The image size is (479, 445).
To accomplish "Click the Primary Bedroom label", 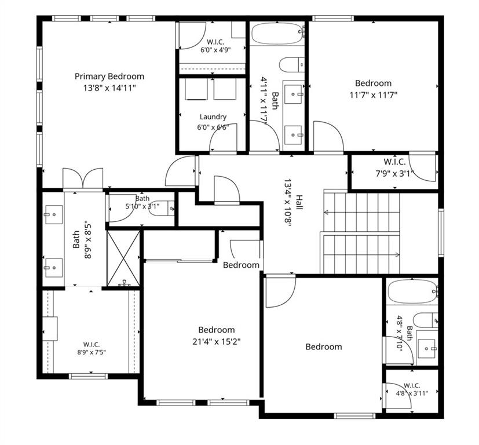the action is [109, 76].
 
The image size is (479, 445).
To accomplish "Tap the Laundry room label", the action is [213, 116].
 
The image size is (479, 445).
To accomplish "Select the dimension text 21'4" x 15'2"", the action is [217, 341].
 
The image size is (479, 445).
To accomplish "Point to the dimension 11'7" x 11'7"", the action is [374, 95].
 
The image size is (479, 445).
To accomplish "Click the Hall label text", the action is [299, 202].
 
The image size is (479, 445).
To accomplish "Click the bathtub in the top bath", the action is [277, 34].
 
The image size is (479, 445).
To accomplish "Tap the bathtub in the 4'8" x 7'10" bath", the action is [412, 292].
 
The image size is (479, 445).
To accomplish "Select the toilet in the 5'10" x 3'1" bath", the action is [163, 209].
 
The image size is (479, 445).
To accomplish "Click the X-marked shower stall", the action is [124, 258].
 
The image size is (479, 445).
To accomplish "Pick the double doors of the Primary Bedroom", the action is [83, 179].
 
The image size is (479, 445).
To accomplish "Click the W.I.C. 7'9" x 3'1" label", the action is [394, 167].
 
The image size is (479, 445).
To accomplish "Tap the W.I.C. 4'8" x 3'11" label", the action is [412, 389].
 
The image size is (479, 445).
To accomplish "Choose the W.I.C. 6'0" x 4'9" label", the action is [215, 46].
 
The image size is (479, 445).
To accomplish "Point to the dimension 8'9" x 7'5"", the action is [92, 352].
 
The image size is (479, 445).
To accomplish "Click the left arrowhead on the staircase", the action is [326, 212].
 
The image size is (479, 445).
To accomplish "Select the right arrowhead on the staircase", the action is [397, 254].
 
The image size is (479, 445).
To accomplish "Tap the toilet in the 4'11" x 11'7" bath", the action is [292, 65].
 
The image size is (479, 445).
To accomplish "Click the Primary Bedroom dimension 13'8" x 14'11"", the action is [109, 88].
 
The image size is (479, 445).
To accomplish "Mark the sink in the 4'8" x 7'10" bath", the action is [427, 348].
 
